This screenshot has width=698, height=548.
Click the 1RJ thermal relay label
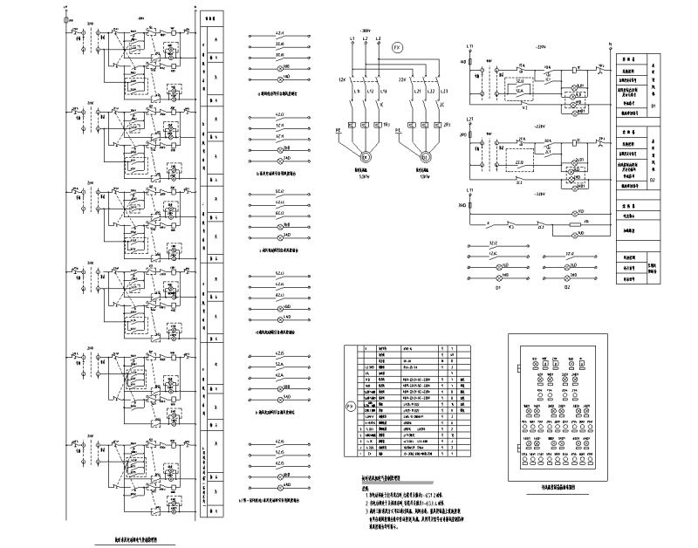(x=387, y=126)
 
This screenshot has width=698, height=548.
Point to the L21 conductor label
(x=421, y=91)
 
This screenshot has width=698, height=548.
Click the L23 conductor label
(x=444, y=91)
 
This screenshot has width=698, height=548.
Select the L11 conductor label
(x=359, y=91)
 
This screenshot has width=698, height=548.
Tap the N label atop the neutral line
(x=612, y=42)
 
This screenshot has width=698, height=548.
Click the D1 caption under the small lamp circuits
(x=499, y=285)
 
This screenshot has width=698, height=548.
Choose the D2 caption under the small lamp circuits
(x=566, y=285)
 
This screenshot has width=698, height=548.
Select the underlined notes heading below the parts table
(x=380, y=478)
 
